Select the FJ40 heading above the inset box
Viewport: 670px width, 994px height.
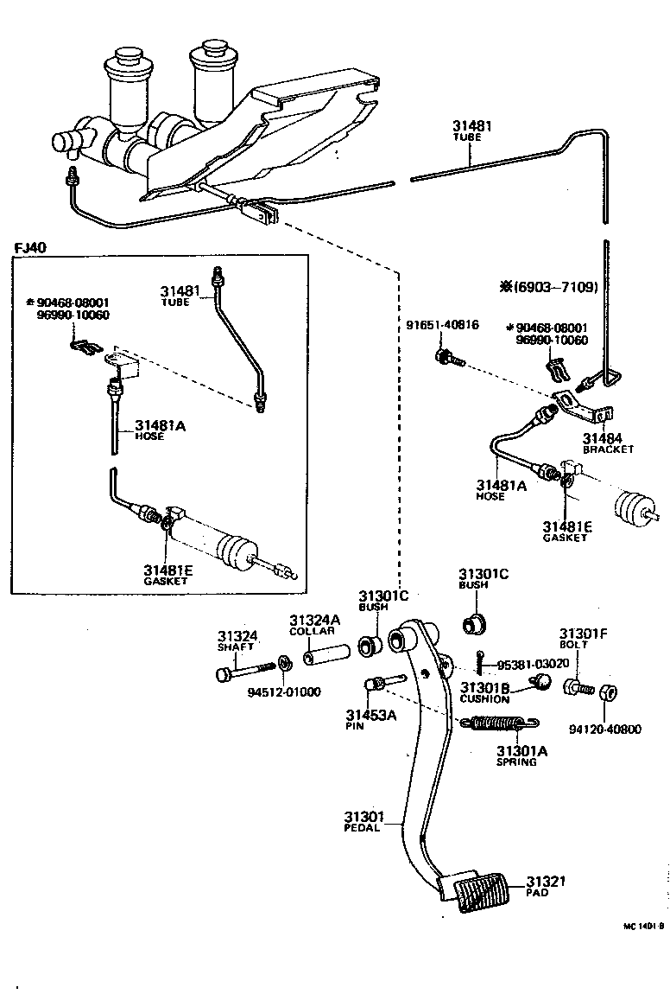point(30,247)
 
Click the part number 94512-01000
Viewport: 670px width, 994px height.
point(284,691)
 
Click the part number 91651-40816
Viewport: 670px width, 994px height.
point(442,325)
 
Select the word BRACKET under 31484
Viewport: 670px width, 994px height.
point(608,449)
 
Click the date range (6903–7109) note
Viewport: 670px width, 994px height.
point(548,287)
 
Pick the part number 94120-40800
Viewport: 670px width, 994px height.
point(604,730)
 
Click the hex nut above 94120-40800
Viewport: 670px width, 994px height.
point(609,691)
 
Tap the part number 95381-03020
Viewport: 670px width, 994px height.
point(534,665)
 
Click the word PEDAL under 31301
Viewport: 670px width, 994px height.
point(363,828)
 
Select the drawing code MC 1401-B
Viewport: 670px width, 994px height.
point(643,927)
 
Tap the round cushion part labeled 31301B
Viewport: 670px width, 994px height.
point(540,682)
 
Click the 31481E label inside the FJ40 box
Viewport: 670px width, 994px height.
point(167,570)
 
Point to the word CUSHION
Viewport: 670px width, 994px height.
point(484,699)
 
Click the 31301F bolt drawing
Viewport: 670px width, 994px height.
point(578,686)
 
